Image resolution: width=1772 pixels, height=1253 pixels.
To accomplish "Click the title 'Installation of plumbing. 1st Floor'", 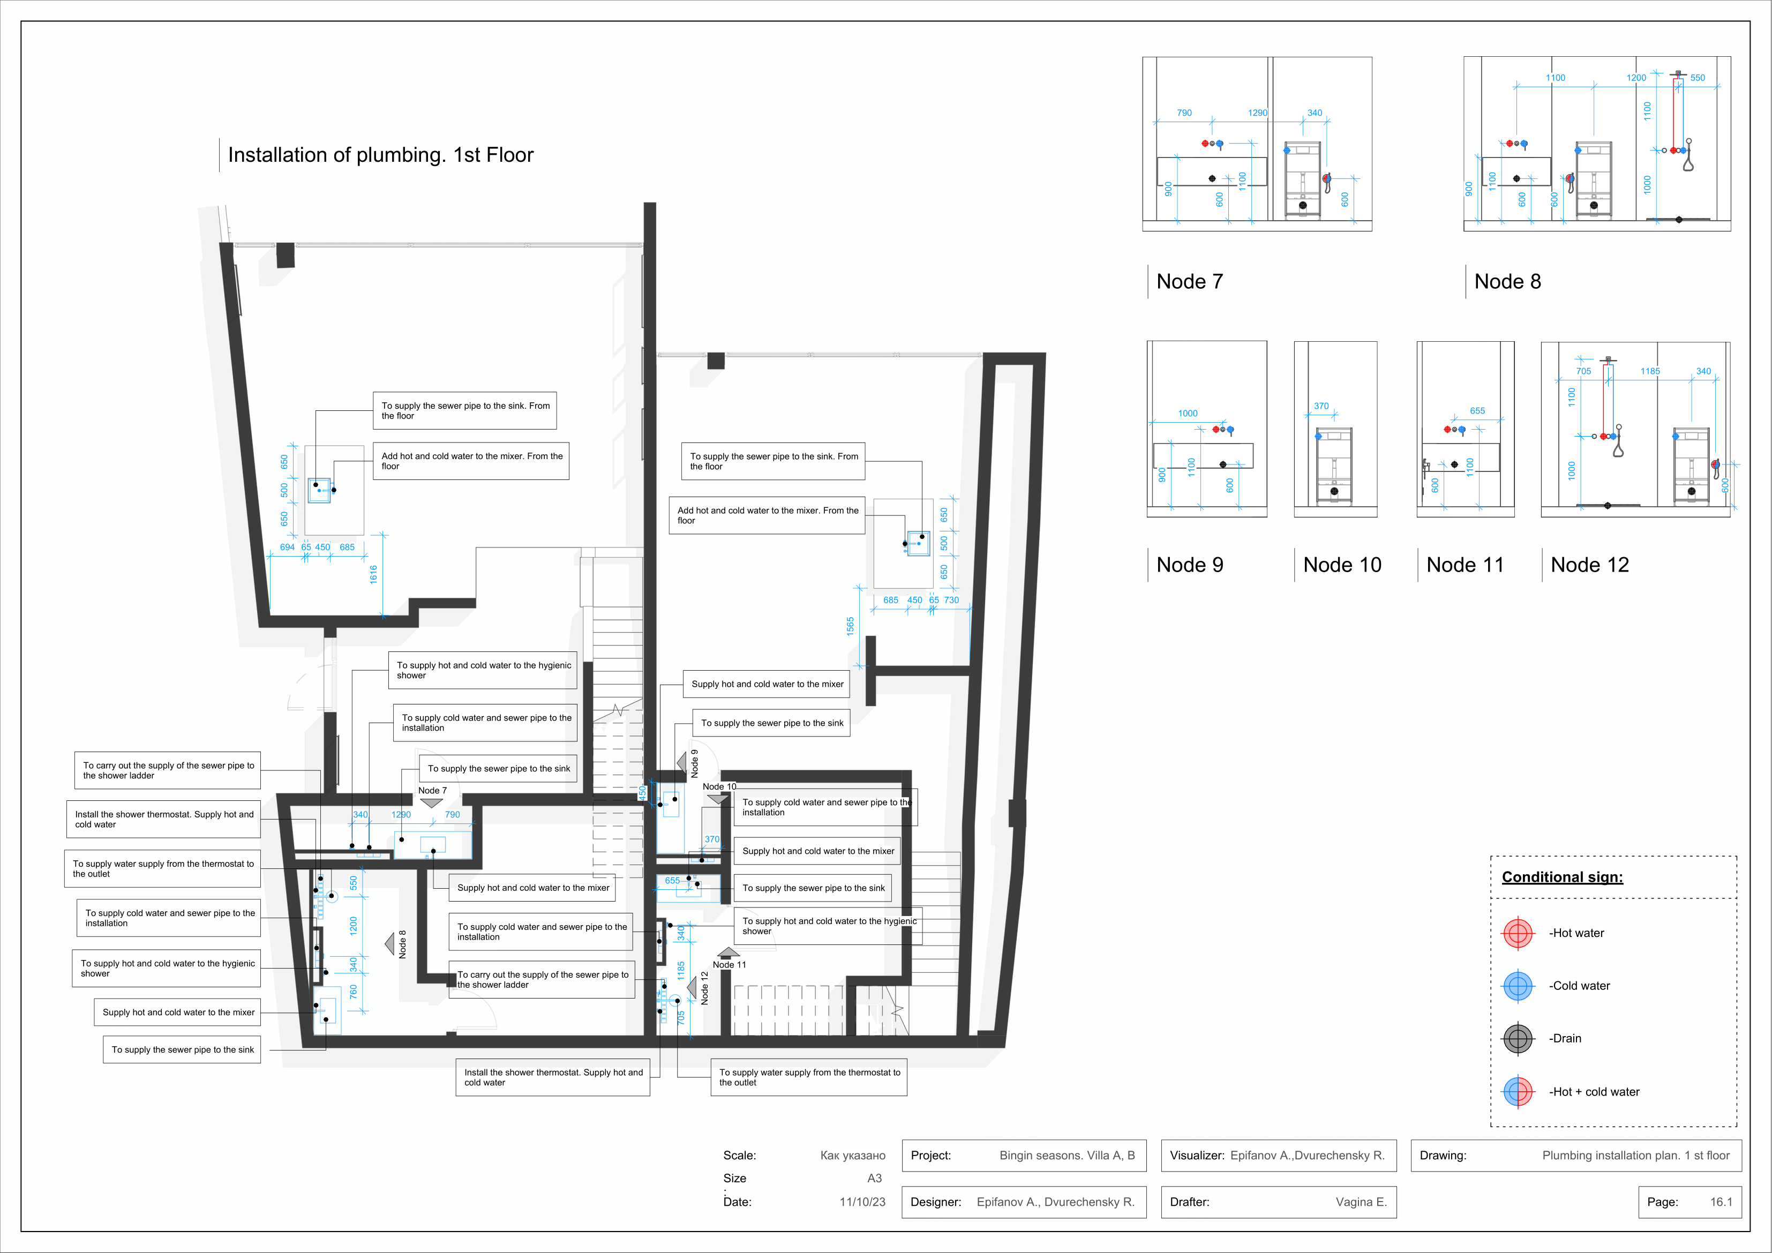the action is pyautogui.click(x=380, y=155).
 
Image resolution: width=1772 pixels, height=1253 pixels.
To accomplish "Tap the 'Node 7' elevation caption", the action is pyautogui.click(x=1189, y=282).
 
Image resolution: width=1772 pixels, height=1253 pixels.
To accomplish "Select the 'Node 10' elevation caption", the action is pyautogui.click(x=1342, y=565).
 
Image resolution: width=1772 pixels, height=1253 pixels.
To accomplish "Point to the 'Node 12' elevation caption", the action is pyautogui.click(x=1590, y=565).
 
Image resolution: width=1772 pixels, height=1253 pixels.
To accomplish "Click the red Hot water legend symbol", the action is pyautogui.click(x=1518, y=933).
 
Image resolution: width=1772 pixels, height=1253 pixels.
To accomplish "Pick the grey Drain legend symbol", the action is pyautogui.click(x=1518, y=1038).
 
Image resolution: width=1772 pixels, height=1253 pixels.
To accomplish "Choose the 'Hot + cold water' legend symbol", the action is pyautogui.click(x=1518, y=1092).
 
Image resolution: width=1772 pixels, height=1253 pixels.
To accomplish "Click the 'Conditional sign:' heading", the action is pyautogui.click(x=1562, y=877).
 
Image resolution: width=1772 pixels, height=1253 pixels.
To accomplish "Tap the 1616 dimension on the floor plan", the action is pyautogui.click(x=373, y=574).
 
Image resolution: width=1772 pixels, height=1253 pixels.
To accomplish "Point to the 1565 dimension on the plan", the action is pyautogui.click(x=850, y=626).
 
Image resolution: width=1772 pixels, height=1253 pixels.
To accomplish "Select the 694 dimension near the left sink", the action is pyautogui.click(x=287, y=547).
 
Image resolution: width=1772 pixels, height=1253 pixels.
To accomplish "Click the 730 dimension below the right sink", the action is pyautogui.click(x=951, y=600).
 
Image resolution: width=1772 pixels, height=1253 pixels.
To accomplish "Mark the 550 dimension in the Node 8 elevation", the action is pyautogui.click(x=1698, y=78).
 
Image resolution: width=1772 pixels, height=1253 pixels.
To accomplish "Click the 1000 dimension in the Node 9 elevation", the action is pyautogui.click(x=1188, y=414).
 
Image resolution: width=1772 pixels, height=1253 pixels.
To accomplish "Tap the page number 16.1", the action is pyautogui.click(x=1721, y=1202).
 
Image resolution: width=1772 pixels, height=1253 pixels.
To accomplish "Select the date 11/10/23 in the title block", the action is pyautogui.click(x=862, y=1202).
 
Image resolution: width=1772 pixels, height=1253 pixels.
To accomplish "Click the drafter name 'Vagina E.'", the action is pyautogui.click(x=1362, y=1202).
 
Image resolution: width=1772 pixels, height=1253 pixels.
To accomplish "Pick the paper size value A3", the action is pyautogui.click(x=874, y=1178).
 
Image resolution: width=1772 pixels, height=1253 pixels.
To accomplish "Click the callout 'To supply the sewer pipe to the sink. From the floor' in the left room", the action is pyautogui.click(x=464, y=411).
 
